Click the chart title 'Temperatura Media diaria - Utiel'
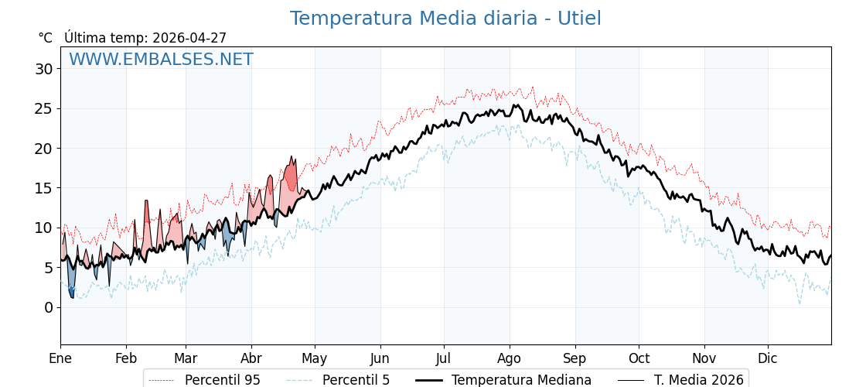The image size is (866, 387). coord(445,19)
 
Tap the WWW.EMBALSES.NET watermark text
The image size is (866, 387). coord(161,60)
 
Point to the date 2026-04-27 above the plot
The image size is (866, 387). coord(189,38)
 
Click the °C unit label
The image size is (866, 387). coord(45,38)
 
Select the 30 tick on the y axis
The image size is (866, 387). coord(44,69)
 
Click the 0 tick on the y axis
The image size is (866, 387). coord(49,307)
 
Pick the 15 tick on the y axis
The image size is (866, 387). coord(44,188)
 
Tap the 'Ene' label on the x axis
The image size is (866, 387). coord(60,358)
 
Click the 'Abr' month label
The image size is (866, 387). coord(251,358)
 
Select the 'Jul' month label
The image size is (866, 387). coord(444,358)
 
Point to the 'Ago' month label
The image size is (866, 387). coord(510,358)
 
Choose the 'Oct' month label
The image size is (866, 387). coord(639,358)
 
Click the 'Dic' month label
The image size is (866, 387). coord(768,358)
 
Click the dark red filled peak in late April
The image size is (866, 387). coord(291,176)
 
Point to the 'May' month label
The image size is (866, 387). coord(315,358)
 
